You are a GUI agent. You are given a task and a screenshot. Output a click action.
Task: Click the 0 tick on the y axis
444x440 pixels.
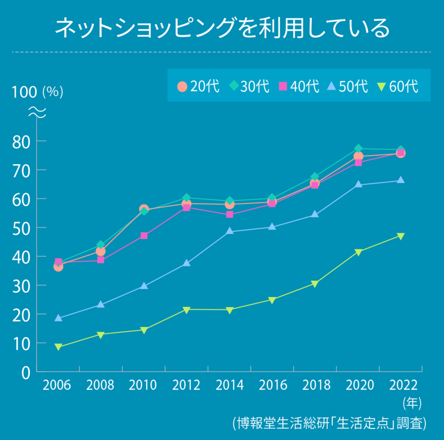tap(26, 372)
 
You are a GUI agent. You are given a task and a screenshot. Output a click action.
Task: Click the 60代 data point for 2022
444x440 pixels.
tap(401, 236)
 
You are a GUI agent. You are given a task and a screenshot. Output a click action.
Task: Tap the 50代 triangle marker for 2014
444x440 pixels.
tap(230, 231)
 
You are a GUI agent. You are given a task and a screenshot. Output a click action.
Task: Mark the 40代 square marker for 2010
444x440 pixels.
tap(144, 236)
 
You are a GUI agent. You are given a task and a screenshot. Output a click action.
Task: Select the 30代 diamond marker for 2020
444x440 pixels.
tap(358, 149)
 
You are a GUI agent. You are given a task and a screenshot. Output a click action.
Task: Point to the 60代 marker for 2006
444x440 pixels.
tap(58, 347)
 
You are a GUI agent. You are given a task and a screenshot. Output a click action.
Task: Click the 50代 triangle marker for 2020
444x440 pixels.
tap(358, 184)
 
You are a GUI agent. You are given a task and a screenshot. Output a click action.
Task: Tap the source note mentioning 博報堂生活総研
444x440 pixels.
tap(330, 423)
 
